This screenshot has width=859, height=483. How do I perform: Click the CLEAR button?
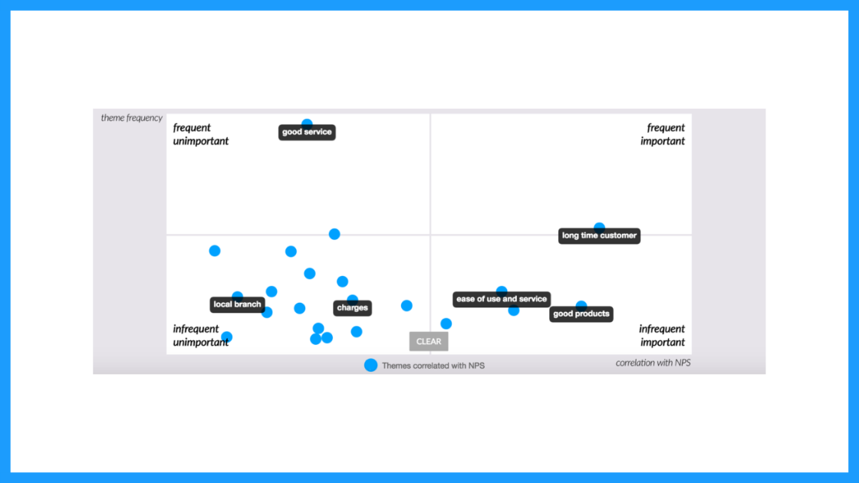[429, 341]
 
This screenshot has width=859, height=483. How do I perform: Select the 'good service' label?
[307, 132]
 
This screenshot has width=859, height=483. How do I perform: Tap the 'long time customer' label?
[599, 235]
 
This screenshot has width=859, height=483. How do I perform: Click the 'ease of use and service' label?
[502, 299]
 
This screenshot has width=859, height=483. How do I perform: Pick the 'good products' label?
[581, 314]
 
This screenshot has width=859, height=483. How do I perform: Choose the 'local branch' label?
[237, 304]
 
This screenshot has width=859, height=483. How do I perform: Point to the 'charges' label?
[352, 307]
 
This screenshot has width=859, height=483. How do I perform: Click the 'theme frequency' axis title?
[131, 118]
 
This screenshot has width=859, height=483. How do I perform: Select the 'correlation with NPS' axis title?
[653, 363]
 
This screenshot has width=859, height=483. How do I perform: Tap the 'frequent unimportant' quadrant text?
[200, 134]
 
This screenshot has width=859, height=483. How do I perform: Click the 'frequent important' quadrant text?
[663, 134]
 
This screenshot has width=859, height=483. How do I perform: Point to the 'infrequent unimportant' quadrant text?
[200, 335]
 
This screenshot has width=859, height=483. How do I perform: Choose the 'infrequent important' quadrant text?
[662, 335]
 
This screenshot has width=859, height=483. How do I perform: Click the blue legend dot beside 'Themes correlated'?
[371, 365]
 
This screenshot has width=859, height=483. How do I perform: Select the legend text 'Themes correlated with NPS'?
[433, 366]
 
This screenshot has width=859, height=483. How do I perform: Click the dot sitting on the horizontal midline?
[334, 234]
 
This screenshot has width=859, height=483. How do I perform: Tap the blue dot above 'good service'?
[307, 123]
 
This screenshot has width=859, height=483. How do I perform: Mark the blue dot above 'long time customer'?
[599, 225]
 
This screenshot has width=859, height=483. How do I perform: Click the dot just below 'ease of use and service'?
[513, 311]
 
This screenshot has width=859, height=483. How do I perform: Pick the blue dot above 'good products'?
[581, 304]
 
